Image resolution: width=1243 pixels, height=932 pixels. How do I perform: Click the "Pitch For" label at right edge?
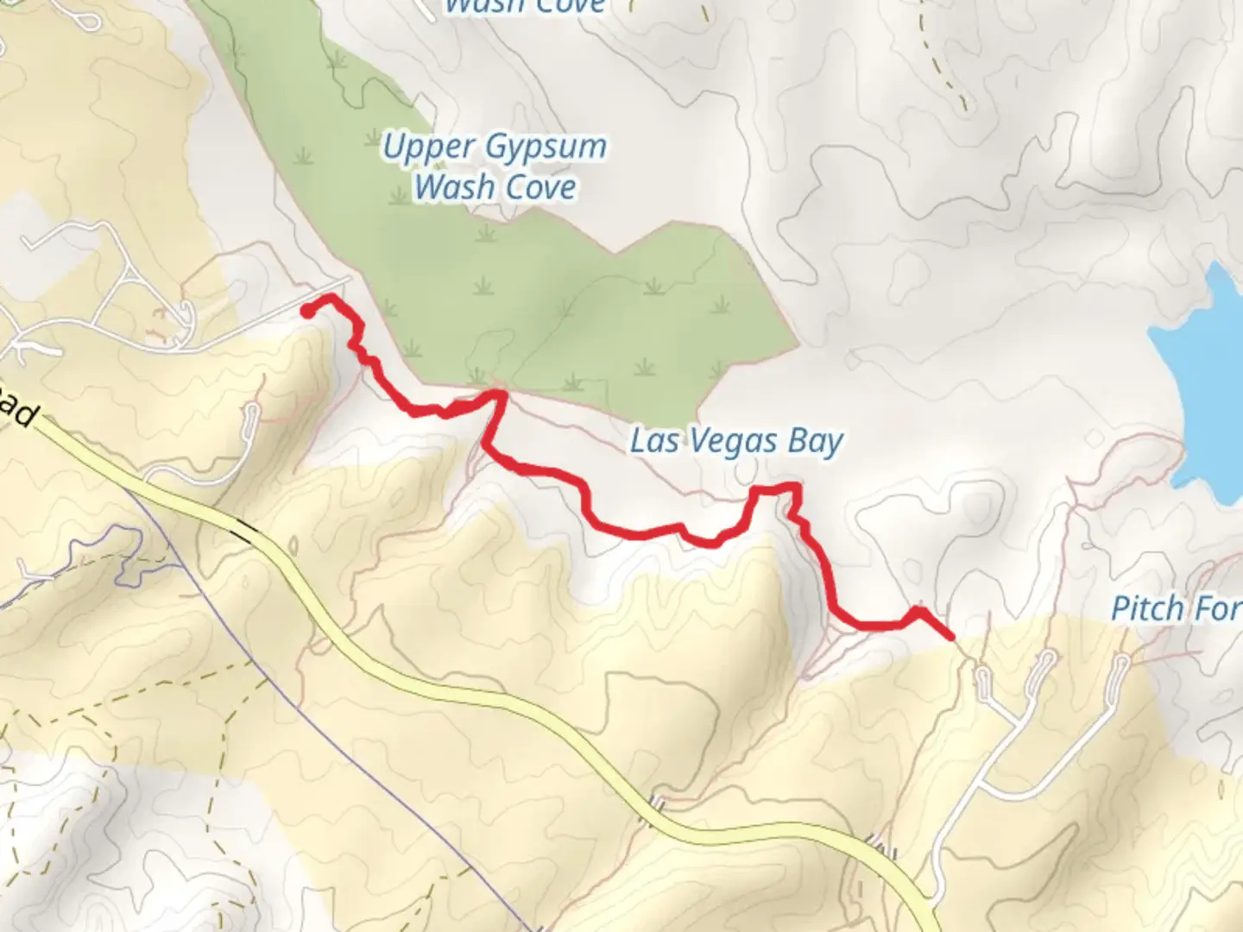[x=1176, y=608]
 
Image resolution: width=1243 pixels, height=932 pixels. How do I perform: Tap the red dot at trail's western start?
[x=307, y=312]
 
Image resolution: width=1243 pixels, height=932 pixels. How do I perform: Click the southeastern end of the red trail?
[x=951, y=637]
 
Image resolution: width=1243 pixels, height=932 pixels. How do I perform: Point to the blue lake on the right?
[x=1200, y=380]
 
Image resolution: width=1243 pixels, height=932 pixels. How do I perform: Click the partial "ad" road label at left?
[x=17, y=410]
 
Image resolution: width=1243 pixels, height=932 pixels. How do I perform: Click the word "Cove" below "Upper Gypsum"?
[x=540, y=186]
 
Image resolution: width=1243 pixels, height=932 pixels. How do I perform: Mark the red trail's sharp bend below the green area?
[x=498, y=395]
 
